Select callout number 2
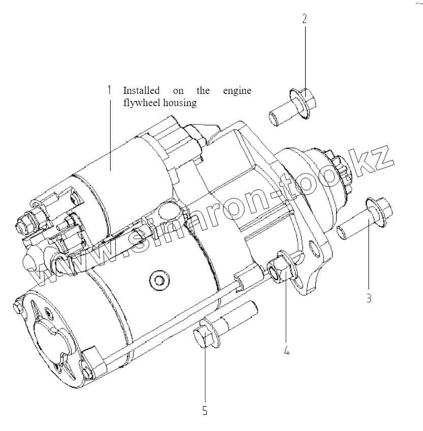point(305,19)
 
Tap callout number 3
point(369,298)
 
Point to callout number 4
point(287,350)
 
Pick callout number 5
point(205,410)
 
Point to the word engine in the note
point(237,91)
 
